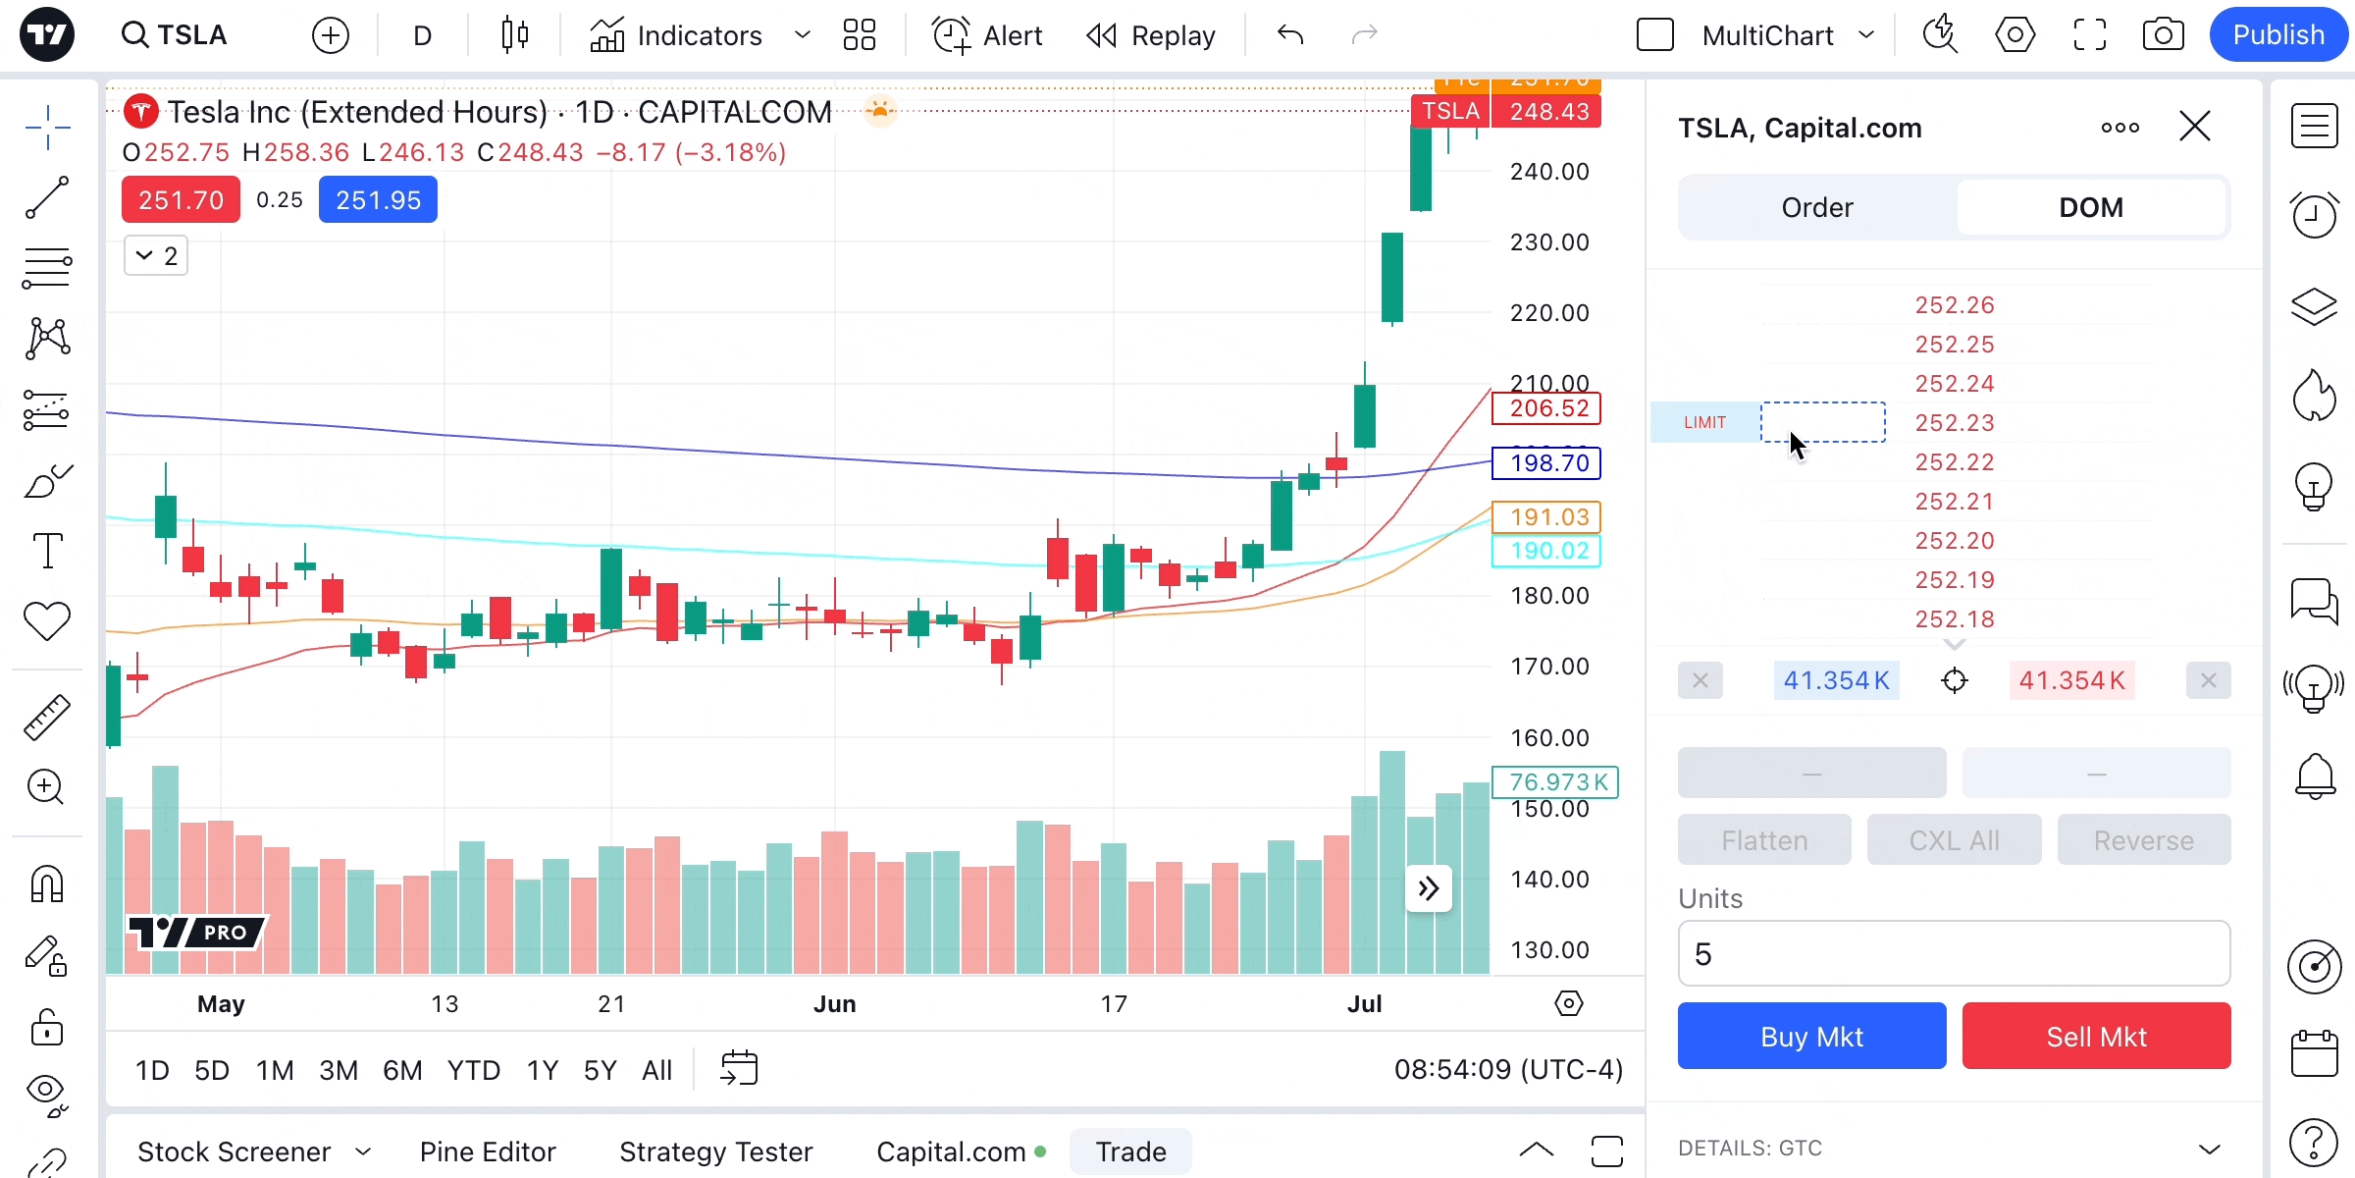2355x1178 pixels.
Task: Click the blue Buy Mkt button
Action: pos(1811,1036)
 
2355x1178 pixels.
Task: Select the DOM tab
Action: pos(2090,207)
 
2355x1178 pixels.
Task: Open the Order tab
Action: pos(1817,207)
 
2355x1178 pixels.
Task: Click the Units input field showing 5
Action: pos(1953,953)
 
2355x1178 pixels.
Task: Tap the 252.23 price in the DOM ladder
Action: pos(1955,423)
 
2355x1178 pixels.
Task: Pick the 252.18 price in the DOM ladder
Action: pos(1955,619)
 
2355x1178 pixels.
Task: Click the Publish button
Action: pos(2277,35)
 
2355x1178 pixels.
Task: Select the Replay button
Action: pos(1151,35)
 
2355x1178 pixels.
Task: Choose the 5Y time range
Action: pos(600,1070)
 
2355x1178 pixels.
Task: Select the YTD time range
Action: pos(473,1070)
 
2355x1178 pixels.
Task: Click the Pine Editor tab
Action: pos(488,1151)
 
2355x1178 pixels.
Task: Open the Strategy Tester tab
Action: pos(715,1151)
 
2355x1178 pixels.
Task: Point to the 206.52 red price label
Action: pos(1546,408)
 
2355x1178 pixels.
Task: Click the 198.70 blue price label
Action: pos(1546,463)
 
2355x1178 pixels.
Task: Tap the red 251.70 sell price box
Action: pos(181,200)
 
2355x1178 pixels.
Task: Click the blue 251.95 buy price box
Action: pos(378,200)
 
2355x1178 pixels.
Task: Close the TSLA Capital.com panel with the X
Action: pos(2194,127)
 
